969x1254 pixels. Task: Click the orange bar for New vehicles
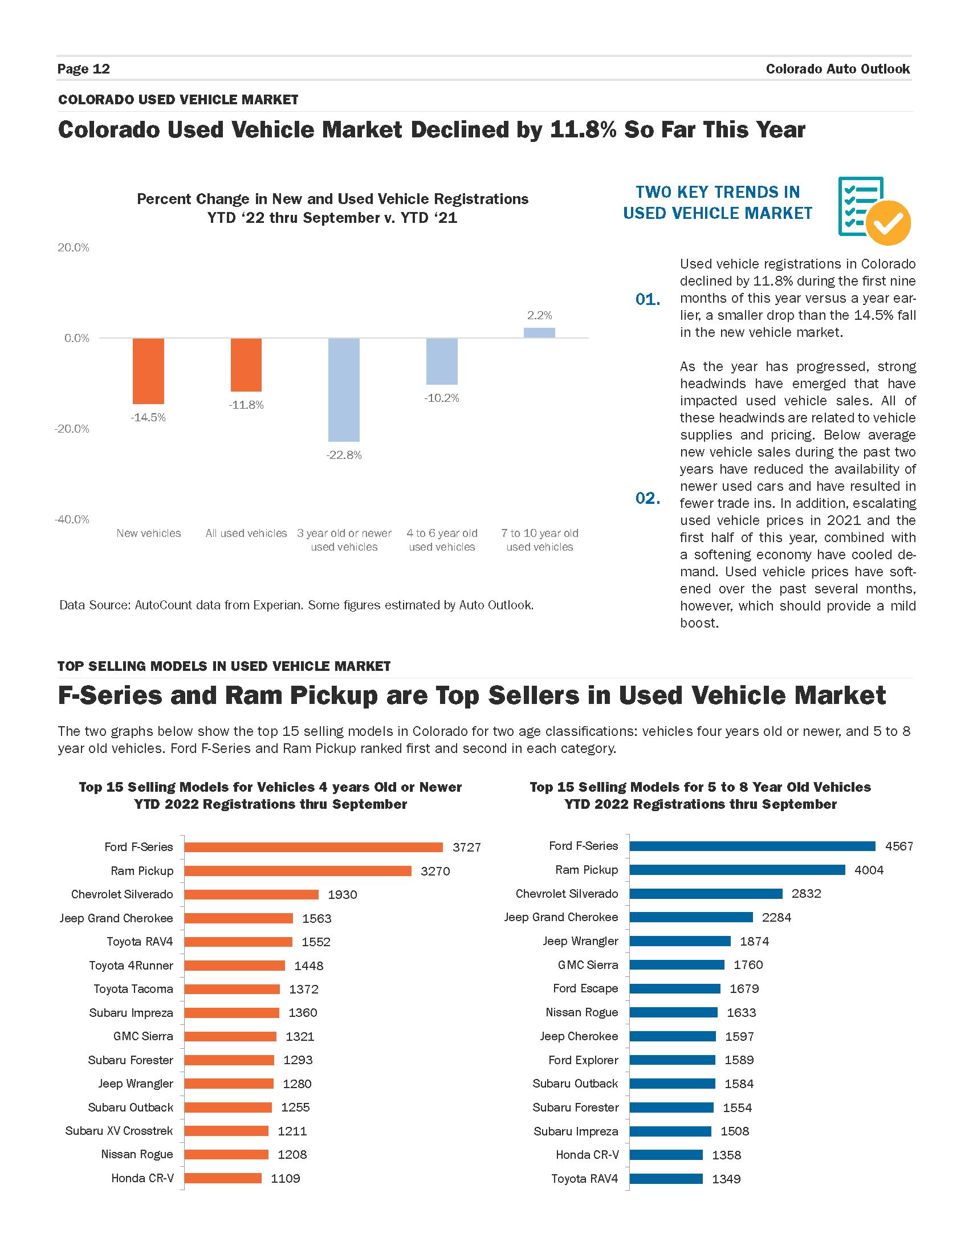tap(148, 371)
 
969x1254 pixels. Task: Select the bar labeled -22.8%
tap(344, 389)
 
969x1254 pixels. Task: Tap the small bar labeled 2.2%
tap(539, 332)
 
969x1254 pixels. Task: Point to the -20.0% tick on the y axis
tap(72, 429)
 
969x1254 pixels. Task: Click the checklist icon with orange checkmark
tap(873, 211)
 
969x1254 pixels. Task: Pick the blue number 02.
tap(648, 498)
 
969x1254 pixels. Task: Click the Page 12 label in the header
tap(84, 69)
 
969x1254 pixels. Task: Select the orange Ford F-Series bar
tap(313, 847)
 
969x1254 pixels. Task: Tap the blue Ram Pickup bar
tap(737, 870)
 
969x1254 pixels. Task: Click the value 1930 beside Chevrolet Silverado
tap(342, 894)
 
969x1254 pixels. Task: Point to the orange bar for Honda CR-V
tap(223, 1178)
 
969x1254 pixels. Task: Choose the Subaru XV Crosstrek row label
tap(119, 1130)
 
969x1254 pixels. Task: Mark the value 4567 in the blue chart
tap(899, 846)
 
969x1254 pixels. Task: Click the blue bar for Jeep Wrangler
tap(679, 941)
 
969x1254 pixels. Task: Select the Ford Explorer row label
tap(583, 1060)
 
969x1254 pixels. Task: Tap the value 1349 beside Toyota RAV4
tap(726, 1179)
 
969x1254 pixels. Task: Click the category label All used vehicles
tap(246, 534)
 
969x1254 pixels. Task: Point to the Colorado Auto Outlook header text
tap(837, 69)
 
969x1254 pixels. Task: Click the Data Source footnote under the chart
tap(296, 605)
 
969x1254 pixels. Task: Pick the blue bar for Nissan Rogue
tap(673, 1012)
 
